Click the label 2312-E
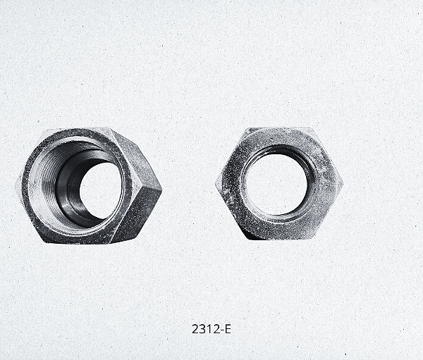tap(211, 329)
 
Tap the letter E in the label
tap(228, 329)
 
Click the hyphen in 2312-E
tap(222, 330)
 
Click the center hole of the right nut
tap(276, 184)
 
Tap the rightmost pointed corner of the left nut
tap(162, 189)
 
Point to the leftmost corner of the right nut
tap(216, 183)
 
